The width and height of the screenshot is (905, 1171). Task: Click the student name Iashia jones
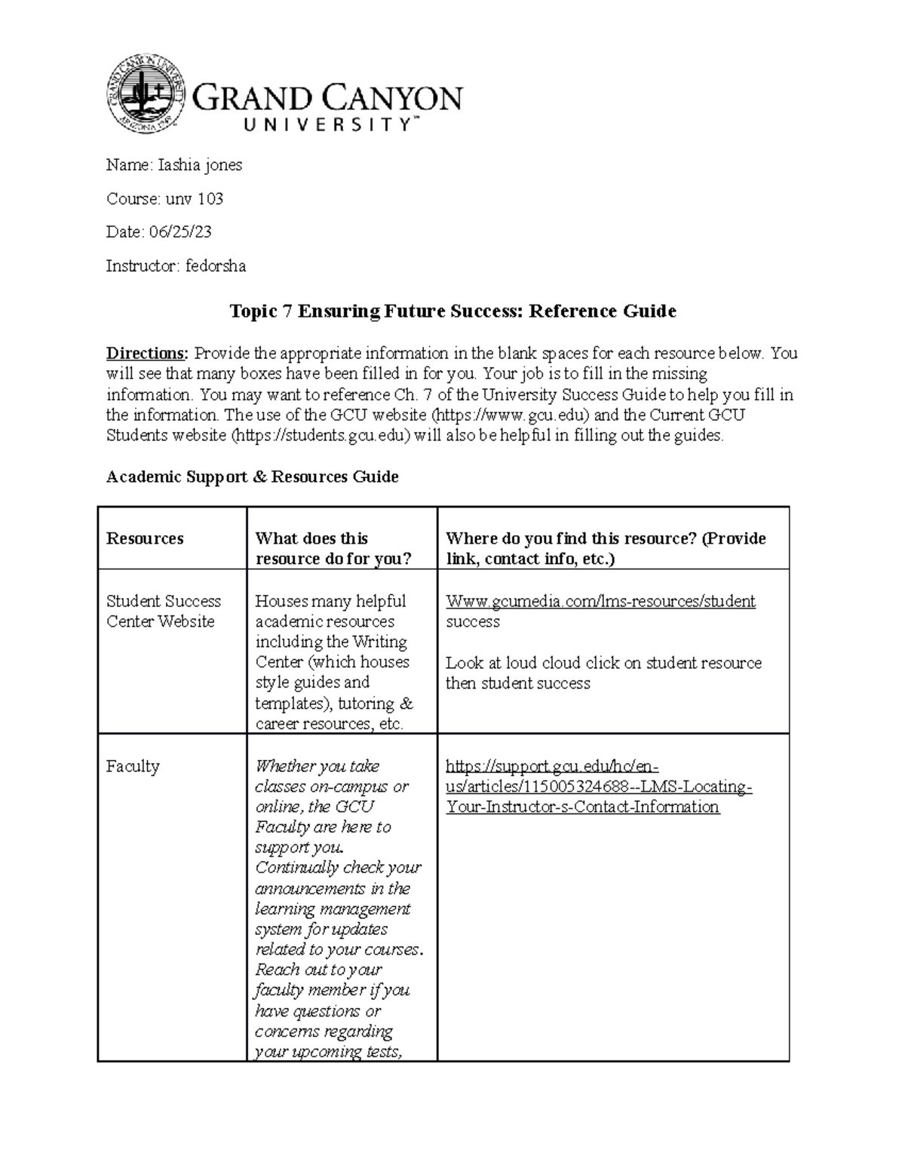(x=200, y=165)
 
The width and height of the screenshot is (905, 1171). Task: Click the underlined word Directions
(x=146, y=354)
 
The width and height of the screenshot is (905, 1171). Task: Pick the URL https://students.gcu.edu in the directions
(x=322, y=436)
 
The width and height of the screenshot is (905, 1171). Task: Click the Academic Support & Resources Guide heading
(x=252, y=477)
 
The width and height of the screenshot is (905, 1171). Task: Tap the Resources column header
(x=145, y=538)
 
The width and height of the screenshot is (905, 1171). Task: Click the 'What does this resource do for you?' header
(x=333, y=548)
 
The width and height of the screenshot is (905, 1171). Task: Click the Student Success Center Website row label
(x=164, y=612)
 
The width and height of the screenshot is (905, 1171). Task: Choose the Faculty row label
(x=133, y=767)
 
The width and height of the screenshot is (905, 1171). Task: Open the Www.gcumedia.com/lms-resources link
(x=600, y=602)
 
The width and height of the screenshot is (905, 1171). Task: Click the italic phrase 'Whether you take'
(x=317, y=767)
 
